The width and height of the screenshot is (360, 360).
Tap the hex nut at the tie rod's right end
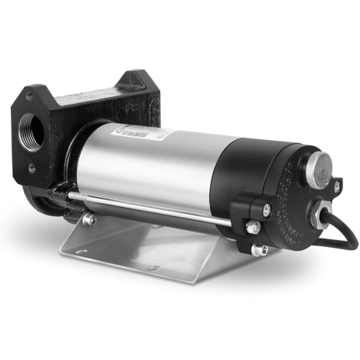tap(251, 225)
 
